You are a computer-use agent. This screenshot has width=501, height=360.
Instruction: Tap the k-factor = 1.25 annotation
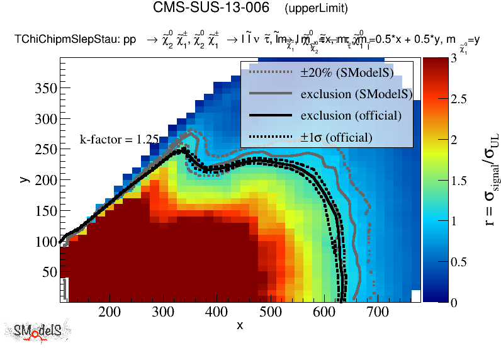(x=119, y=140)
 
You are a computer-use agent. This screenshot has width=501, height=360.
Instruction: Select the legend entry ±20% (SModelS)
(x=347, y=72)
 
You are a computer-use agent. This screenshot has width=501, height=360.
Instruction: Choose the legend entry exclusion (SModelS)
(x=356, y=94)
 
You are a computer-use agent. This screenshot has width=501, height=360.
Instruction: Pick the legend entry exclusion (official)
(x=351, y=115)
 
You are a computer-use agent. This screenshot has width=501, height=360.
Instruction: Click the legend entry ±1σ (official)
(x=336, y=137)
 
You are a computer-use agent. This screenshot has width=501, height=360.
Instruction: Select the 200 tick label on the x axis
(x=110, y=312)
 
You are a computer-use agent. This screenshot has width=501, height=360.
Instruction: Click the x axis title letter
(x=240, y=325)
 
